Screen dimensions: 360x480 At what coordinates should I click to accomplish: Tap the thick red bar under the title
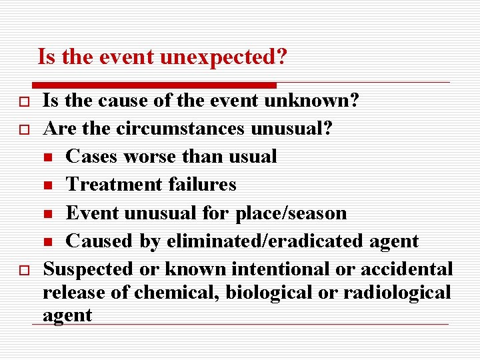(x=154, y=85)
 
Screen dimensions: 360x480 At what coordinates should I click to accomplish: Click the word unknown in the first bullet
(x=312, y=101)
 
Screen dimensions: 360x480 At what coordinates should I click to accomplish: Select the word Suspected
(x=88, y=269)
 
